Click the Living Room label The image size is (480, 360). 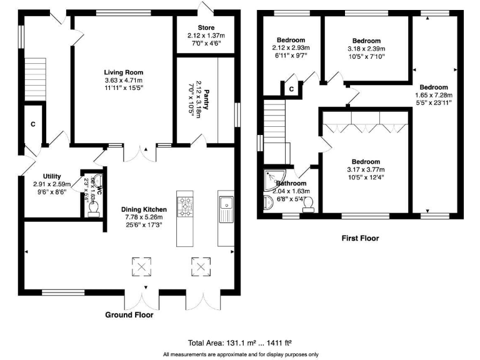click(123, 72)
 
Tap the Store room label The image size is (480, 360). click(206, 27)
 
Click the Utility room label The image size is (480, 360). click(52, 176)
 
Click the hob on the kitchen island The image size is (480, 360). click(185, 206)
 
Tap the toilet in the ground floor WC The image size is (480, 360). click(93, 212)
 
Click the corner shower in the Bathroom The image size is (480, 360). click(272, 180)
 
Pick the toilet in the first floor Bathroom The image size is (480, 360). click(307, 202)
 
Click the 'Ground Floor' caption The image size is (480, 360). click(129, 315)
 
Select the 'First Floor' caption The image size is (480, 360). click(360, 238)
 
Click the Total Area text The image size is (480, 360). click(240, 342)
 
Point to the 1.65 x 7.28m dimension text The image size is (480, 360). click(433, 95)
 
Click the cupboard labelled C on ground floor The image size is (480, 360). click(32, 124)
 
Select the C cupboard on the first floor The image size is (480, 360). click(291, 89)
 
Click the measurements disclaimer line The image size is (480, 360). click(240, 354)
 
